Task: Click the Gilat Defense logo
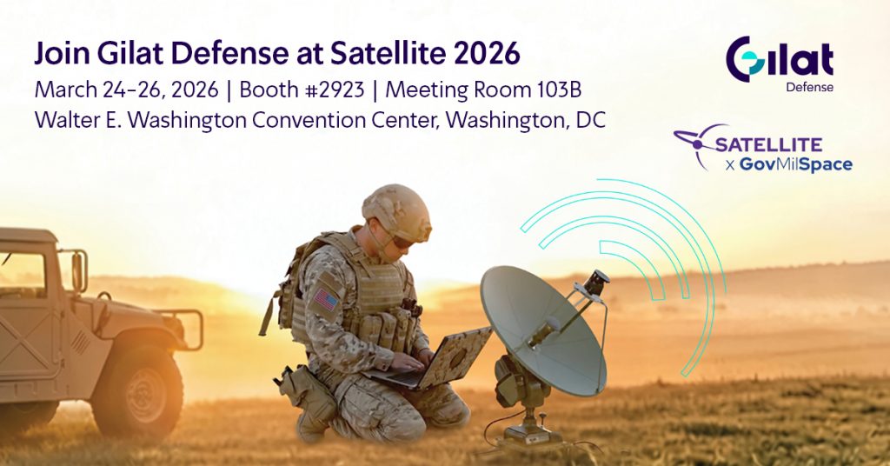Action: [780, 60]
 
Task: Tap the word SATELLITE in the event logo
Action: [767, 144]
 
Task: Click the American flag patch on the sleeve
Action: [327, 300]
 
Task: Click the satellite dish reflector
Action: [541, 328]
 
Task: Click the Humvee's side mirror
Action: [78, 271]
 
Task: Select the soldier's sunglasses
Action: [402, 242]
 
